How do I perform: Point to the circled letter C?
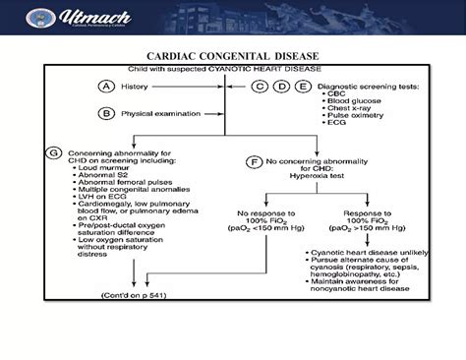[260, 87]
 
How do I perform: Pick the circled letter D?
[278, 87]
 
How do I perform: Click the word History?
[133, 87]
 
